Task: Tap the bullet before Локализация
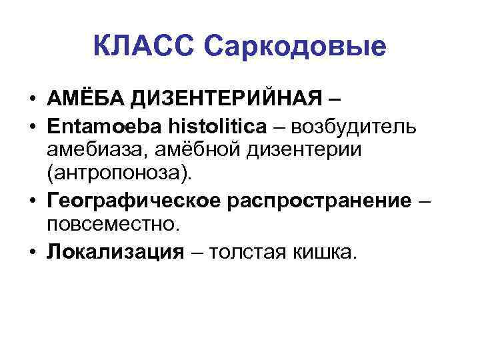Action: coord(32,251)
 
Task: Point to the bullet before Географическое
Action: coord(32,201)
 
